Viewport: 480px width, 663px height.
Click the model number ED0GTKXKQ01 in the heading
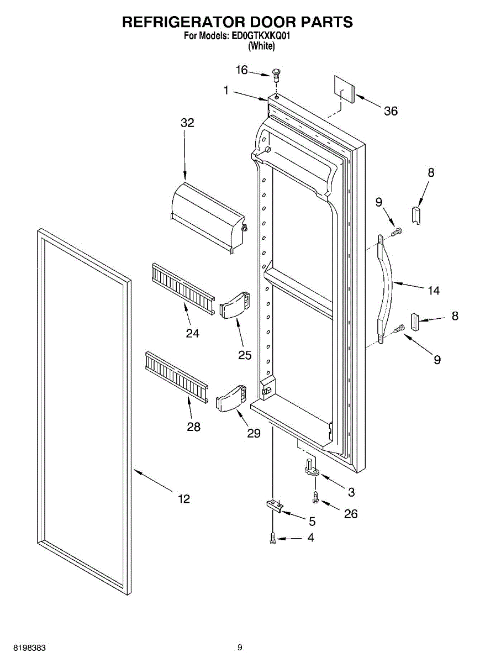tap(260, 36)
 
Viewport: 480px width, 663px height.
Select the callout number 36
tap(391, 111)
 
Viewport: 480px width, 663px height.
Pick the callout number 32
tap(187, 123)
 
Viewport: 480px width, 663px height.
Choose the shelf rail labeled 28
tap(176, 376)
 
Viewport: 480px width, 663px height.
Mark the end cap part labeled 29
tap(229, 397)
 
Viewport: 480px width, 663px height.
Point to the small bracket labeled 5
tap(275, 506)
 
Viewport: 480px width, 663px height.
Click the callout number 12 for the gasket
tap(184, 499)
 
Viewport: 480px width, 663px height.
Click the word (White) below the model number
tap(261, 46)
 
